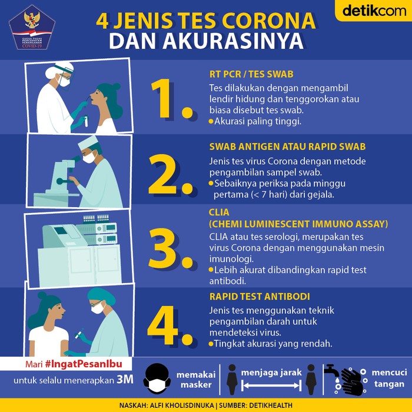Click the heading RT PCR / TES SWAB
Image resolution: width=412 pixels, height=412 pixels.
tap(251, 75)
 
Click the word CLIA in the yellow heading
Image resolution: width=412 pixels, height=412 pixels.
tap(220, 212)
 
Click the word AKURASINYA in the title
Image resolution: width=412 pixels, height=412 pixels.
tap(247, 41)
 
